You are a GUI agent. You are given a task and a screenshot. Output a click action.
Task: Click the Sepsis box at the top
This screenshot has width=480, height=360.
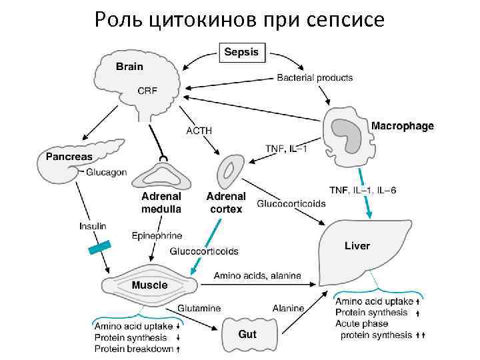point(243,51)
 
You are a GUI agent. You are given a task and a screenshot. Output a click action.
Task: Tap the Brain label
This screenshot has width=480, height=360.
point(129,66)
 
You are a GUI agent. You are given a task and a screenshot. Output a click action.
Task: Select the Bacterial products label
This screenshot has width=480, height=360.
point(315,77)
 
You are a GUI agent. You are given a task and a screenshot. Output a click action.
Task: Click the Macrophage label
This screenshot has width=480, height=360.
point(402,125)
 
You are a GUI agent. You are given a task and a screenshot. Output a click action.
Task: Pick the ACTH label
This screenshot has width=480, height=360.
point(199,131)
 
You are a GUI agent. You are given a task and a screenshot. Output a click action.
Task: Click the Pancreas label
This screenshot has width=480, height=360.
point(69,157)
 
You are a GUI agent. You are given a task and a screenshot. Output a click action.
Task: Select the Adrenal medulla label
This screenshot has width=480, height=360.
point(161,203)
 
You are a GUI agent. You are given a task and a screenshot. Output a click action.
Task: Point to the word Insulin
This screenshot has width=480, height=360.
point(93,226)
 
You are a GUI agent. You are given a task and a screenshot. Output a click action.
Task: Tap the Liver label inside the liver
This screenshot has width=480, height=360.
point(357,246)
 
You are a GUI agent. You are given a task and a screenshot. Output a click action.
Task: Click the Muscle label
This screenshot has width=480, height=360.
point(149,285)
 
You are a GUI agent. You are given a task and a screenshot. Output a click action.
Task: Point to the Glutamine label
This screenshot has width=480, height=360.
point(199,309)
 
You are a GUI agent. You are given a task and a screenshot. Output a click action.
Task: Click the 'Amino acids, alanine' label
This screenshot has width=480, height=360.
point(257,275)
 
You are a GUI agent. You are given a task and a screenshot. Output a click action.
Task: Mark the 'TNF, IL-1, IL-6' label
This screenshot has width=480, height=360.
point(363,191)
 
